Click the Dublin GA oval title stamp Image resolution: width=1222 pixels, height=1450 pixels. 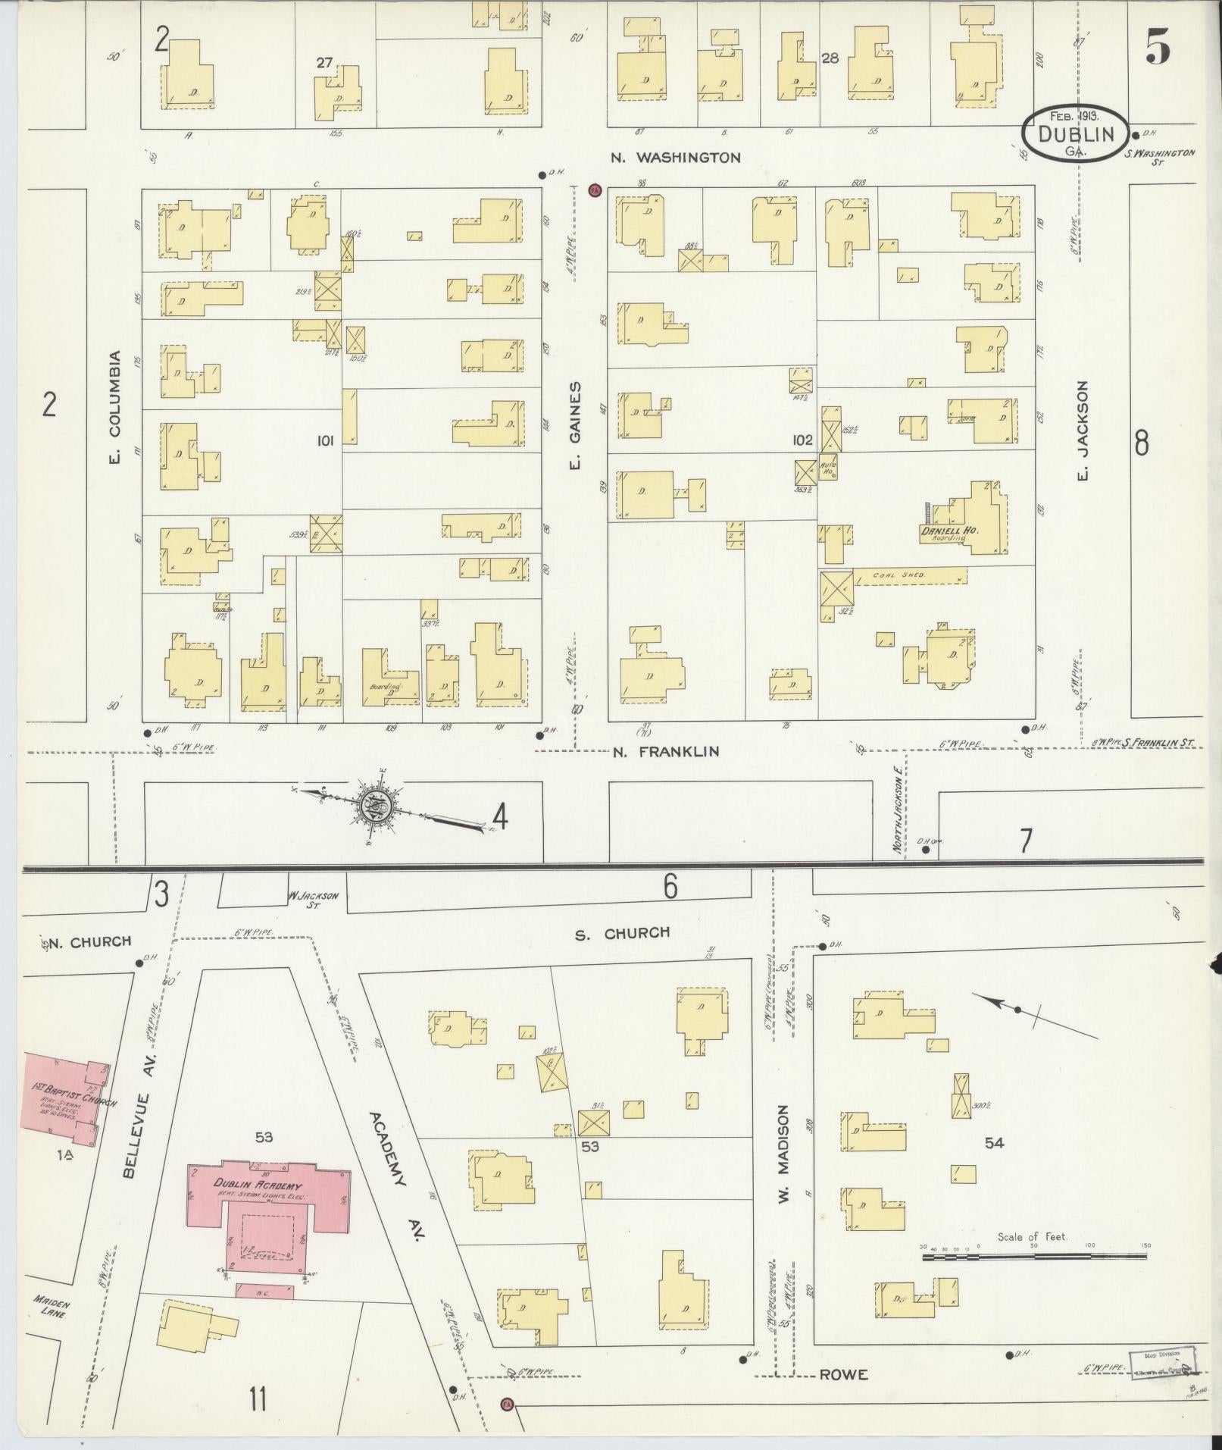[x=1075, y=134]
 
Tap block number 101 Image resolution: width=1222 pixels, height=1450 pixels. [x=325, y=440]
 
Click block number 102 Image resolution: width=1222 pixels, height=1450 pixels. [x=802, y=440]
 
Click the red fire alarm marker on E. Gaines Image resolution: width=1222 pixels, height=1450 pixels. [x=595, y=189]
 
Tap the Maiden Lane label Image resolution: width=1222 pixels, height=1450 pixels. [x=52, y=1308]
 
